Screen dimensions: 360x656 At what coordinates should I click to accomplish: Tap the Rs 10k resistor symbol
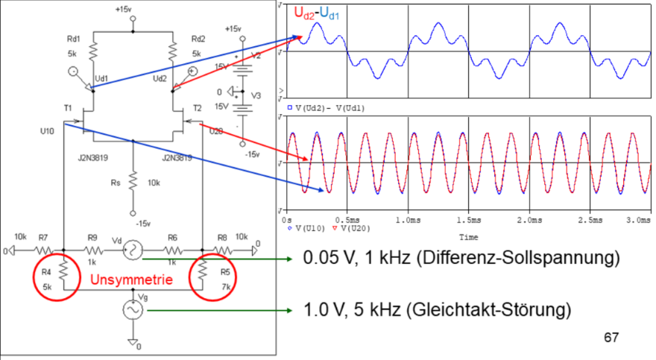click(x=133, y=180)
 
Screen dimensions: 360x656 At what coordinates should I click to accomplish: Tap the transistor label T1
click(x=68, y=107)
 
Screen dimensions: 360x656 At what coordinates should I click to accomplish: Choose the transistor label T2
click(x=197, y=107)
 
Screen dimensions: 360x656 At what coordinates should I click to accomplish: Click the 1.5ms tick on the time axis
click(x=468, y=221)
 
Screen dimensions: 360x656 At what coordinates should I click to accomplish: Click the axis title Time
click(x=468, y=238)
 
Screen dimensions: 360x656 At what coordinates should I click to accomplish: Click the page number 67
click(x=611, y=338)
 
